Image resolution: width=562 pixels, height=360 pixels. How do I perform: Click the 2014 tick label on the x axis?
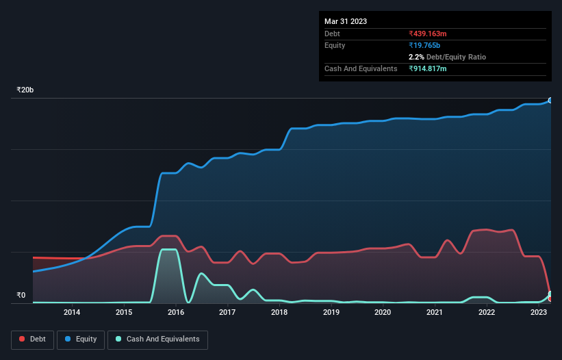(72, 313)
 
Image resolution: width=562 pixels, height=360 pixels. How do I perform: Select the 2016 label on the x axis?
(176, 313)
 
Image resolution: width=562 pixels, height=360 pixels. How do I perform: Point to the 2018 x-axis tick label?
(279, 313)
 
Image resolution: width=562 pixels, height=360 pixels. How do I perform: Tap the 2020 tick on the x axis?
(383, 313)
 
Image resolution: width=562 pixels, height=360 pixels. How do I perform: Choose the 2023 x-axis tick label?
(538, 313)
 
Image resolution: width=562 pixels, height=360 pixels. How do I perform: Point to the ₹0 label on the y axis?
(21, 296)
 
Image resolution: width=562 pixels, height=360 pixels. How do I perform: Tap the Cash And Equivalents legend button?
(157, 339)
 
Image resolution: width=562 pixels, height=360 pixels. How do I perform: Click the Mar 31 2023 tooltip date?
(346, 21)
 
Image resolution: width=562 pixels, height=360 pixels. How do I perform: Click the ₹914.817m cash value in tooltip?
(432, 68)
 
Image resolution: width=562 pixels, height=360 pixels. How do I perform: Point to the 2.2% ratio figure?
(416, 57)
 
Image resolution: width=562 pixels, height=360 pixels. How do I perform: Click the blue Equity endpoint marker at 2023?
(550, 101)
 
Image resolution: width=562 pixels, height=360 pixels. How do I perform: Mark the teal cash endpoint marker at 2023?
(550, 294)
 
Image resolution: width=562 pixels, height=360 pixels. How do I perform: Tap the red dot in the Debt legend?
(23, 339)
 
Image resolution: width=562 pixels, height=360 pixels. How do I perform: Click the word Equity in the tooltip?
(335, 45)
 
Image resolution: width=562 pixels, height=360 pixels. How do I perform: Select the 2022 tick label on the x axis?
(487, 313)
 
